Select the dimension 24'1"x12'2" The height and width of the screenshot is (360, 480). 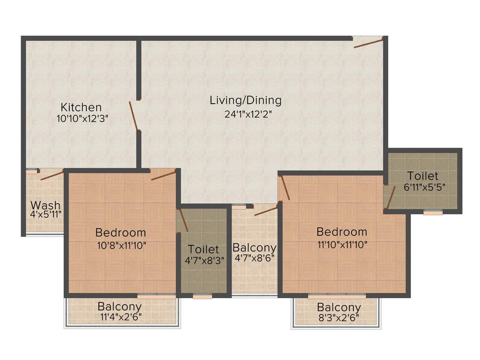(x=246, y=114)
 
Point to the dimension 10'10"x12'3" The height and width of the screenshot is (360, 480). (x=82, y=119)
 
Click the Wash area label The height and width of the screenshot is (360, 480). (x=45, y=205)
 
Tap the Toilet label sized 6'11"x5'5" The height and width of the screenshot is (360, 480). (x=423, y=176)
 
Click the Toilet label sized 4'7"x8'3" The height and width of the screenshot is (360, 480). (x=203, y=249)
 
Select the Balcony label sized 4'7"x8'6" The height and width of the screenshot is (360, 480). (x=254, y=247)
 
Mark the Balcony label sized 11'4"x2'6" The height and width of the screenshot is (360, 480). (x=120, y=307)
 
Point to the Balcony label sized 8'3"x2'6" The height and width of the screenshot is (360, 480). (x=339, y=307)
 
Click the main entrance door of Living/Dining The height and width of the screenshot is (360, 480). (x=368, y=43)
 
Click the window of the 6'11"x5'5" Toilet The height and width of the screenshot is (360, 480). (x=433, y=212)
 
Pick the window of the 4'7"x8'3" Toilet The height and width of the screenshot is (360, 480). (x=202, y=296)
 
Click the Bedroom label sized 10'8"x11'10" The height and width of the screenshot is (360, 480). (x=120, y=232)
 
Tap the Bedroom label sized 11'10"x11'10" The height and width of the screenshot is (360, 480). (x=342, y=232)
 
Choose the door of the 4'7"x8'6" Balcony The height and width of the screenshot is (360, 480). (x=266, y=210)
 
